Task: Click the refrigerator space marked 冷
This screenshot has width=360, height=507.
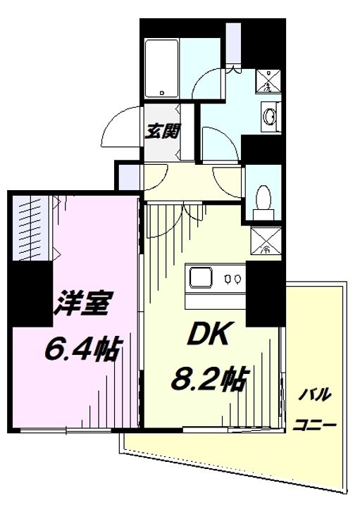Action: [266, 239]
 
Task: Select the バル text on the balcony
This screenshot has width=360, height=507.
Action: [314, 394]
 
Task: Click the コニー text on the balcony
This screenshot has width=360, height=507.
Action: [315, 426]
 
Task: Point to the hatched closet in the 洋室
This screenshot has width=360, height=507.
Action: [34, 226]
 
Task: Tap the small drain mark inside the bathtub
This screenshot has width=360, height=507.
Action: [161, 92]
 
